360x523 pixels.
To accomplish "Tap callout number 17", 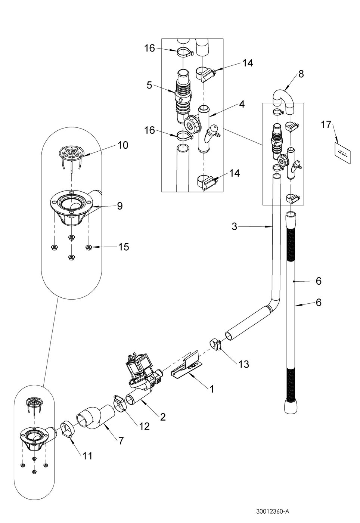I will point(326,124).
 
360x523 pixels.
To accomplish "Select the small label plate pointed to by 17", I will point(342,153).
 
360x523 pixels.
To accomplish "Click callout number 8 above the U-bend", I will point(301,74).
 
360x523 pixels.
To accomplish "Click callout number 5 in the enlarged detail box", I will point(149,85).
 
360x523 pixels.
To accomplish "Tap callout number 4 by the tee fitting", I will point(242,104).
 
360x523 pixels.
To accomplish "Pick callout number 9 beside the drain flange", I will point(120,206).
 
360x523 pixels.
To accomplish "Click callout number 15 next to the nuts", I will point(124,247).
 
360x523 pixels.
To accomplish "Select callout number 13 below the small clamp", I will point(243,364).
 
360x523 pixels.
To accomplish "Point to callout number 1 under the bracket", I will point(211,389).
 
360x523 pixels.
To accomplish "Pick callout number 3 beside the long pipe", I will point(234,226).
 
